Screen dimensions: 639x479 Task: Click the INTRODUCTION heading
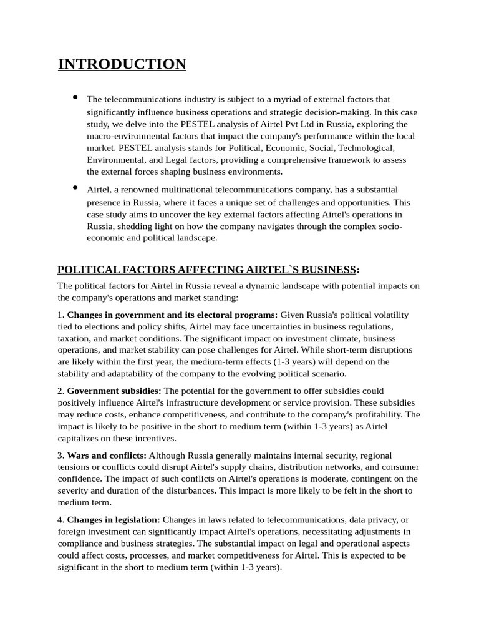(122, 64)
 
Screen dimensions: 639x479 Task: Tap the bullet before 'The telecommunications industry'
(75, 97)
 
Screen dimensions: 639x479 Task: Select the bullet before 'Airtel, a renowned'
(75, 187)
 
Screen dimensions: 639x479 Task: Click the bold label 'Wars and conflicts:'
(107, 456)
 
